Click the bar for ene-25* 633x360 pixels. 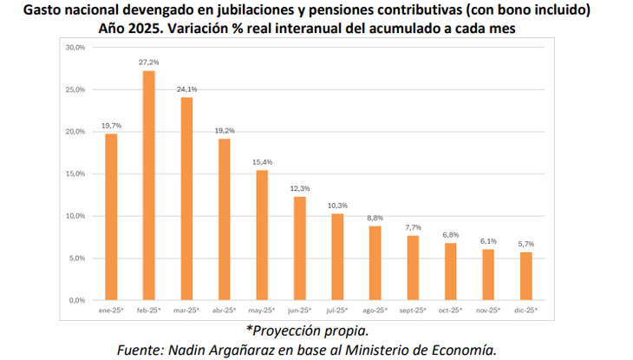[111, 217]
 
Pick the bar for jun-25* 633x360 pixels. [300, 248]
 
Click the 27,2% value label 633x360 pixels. [148, 62]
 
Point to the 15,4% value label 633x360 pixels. [262, 162]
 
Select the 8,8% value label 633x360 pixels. [375, 218]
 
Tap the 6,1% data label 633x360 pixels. [488, 241]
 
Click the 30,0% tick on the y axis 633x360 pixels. [75, 47]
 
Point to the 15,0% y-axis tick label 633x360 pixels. [75, 173]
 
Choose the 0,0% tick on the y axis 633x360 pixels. [76, 300]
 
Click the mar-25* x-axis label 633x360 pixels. [186, 310]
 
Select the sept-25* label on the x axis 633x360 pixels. [413, 310]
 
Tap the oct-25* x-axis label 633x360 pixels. [451, 310]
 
